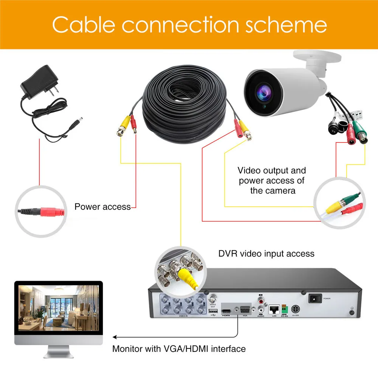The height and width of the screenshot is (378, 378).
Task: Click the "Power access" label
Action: click(x=102, y=207)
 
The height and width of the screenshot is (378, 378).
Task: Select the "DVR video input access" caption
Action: click(x=266, y=253)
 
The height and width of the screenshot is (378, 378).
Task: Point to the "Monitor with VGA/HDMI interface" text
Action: click(x=179, y=348)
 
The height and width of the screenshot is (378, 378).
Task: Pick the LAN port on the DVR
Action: click(x=274, y=309)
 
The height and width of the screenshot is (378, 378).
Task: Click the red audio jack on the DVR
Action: click(x=261, y=302)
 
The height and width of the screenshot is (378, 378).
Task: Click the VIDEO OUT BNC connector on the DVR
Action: click(x=213, y=297)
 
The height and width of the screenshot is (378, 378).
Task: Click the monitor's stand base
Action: click(x=59, y=355)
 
